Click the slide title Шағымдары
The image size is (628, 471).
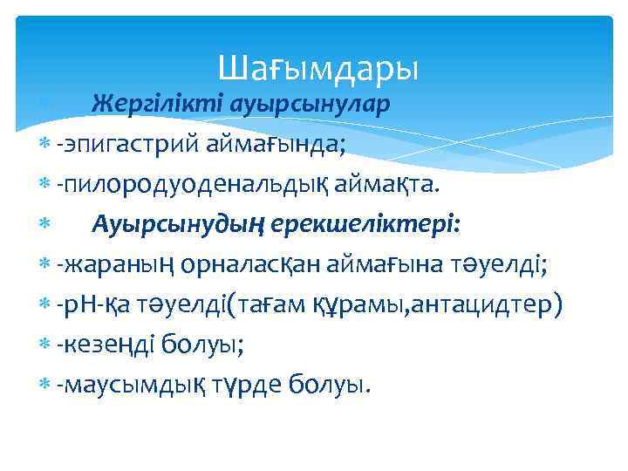(x=318, y=66)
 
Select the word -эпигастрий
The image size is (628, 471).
(x=127, y=144)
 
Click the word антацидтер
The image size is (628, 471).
(x=503, y=304)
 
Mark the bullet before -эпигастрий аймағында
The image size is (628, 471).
(x=45, y=145)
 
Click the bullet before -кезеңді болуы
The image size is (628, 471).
(x=45, y=345)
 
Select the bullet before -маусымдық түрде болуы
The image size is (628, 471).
(x=45, y=386)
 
